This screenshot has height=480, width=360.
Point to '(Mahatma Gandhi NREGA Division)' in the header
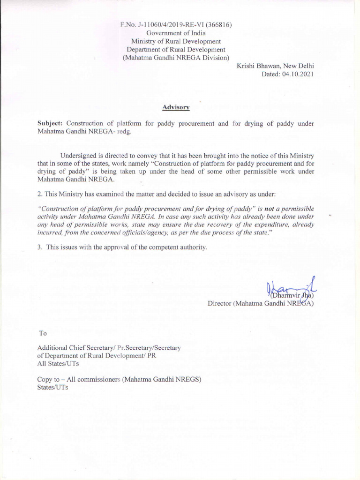click(x=176, y=58)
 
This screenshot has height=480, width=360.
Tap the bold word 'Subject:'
click(x=50, y=124)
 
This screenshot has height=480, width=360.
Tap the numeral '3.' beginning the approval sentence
click(x=40, y=247)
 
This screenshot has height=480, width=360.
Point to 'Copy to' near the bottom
click(x=48, y=380)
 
